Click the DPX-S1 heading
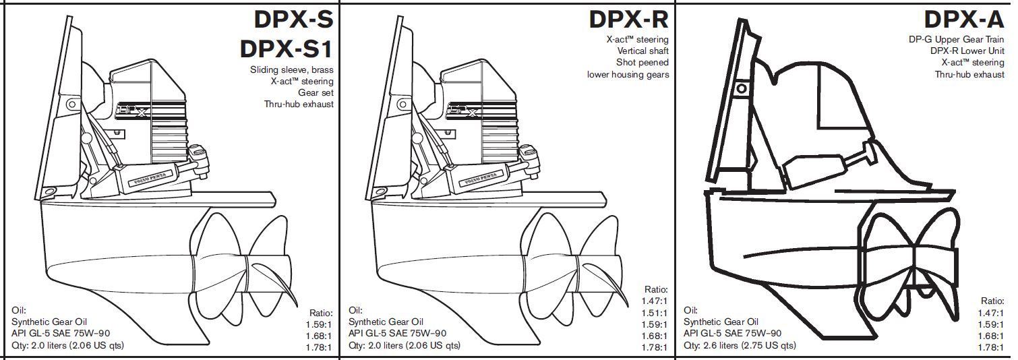click(x=287, y=49)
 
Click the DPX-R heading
click(x=628, y=20)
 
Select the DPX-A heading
click(x=964, y=20)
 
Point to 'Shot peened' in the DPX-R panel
click(x=643, y=63)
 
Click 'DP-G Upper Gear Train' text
click(x=956, y=39)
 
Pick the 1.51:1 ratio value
click(x=655, y=313)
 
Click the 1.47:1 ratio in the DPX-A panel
click(x=990, y=313)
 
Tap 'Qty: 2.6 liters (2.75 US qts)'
click(x=740, y=345)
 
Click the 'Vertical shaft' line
click(x=642, y=51)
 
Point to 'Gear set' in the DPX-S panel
click(x=316, y=92)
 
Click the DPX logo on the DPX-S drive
click(x=132, y=110)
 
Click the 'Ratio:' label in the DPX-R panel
click(x=656, y=289)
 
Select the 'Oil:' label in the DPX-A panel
click(x=691, y=310)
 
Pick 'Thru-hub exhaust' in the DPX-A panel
click(x=969, y=74)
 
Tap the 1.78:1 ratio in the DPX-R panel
click(x=655, y=347)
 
